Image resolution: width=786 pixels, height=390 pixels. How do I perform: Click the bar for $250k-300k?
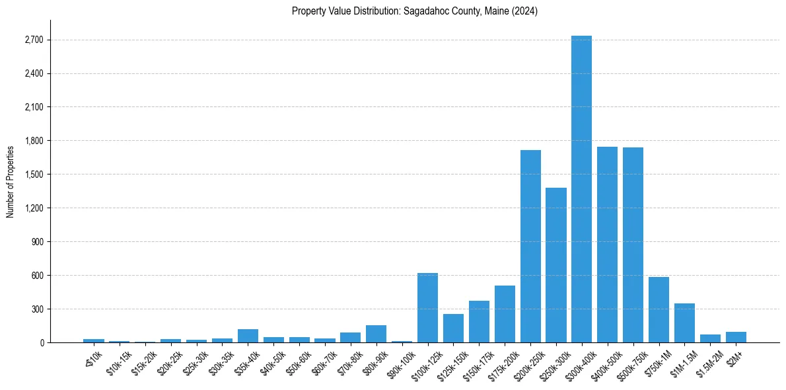coord(556,264)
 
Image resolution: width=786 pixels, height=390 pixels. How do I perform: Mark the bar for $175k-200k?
coord(505,314)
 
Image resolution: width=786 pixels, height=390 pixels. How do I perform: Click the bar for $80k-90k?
coord(376,334)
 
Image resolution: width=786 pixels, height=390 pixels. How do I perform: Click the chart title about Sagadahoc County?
coord(415,11)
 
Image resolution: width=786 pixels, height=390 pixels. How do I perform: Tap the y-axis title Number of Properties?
coord(11,181)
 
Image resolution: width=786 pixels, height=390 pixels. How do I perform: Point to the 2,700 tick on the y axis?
coord(33,40)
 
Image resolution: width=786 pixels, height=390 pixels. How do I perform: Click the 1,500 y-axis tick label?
coord(33,175)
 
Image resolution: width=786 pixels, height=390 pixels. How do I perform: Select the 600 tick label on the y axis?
coord(37,276)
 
